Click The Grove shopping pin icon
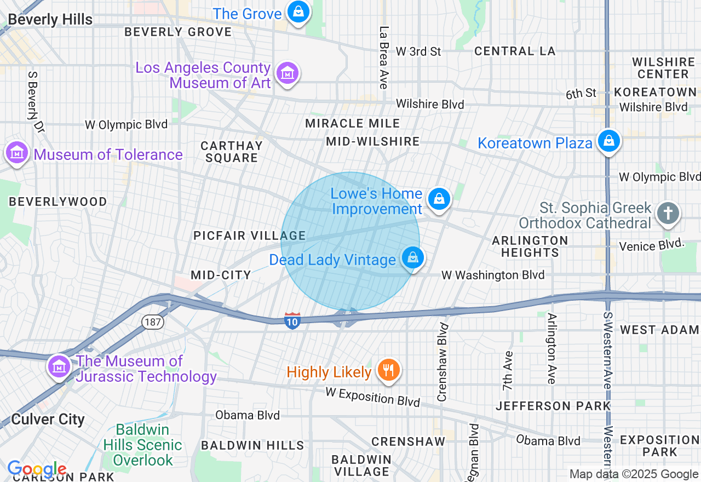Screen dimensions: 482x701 point(298,12)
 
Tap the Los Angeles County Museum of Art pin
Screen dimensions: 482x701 point(288,73)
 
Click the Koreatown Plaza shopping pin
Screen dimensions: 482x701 point(608,141)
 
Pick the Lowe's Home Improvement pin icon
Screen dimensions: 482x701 point(439,199)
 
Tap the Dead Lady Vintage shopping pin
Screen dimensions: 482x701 point(412,257)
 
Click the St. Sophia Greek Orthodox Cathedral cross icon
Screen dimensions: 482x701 point(668,213)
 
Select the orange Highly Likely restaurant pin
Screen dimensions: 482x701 point(388,371)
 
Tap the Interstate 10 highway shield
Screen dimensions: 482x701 point(292,321)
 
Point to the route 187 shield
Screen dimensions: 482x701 point(152,322)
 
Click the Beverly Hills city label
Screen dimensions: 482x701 point(50,20)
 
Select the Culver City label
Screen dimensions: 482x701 point(48,420)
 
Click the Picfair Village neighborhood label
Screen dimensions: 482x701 point(249,236)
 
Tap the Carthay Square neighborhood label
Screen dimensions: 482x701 point(231,152)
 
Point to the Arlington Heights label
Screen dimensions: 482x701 point(530,246)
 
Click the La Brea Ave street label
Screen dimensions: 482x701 point(383,58)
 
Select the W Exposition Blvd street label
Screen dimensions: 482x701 point(372,397)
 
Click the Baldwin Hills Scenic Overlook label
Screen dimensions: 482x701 point(142,445)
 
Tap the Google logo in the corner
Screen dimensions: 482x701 point(36,469)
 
